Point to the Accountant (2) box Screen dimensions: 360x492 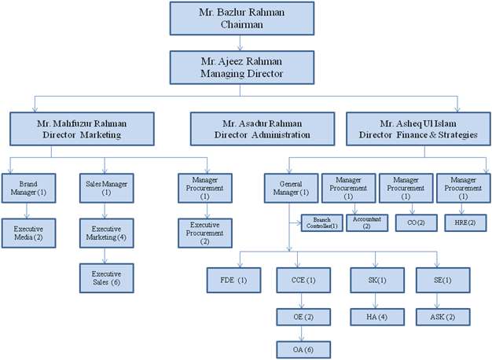click(365, 222)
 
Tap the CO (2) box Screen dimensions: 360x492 click(406, 222)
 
